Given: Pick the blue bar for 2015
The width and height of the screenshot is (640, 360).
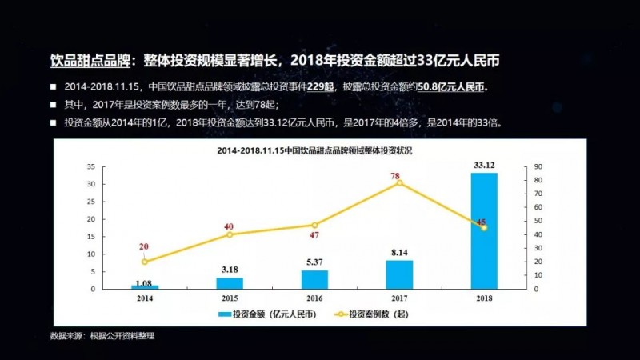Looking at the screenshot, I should coord(230,282).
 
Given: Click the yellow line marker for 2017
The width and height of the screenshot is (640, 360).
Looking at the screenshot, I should coord(399,183).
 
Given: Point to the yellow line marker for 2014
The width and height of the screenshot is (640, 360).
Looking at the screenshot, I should coord(145,262).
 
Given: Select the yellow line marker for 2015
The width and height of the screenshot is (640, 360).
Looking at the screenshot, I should coord(230,234).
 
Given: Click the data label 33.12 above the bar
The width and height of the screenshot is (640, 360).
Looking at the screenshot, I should coord(483,166).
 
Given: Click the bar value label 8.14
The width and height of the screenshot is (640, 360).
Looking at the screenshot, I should coord(399,253).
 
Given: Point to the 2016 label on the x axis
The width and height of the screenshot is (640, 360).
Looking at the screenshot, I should coord(314,298).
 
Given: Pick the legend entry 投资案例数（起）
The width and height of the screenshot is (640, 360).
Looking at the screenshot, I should coord(373,315).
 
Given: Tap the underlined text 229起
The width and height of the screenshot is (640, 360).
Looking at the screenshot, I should coord(320,86).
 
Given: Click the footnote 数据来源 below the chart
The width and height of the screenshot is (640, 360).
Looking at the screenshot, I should coord(102,336).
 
